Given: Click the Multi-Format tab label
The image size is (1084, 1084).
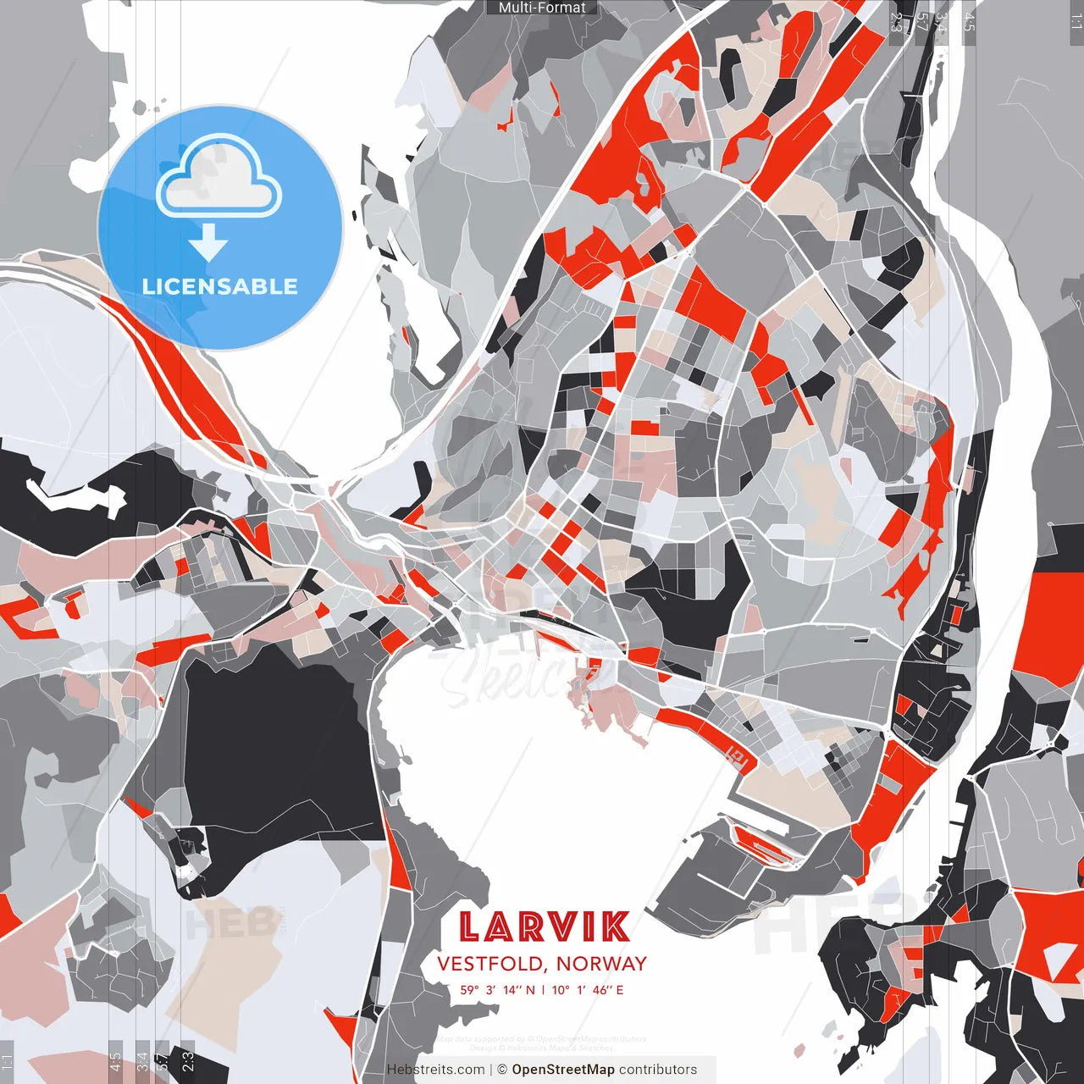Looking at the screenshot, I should (542, 8).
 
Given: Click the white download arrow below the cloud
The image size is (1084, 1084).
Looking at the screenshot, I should (208, 243).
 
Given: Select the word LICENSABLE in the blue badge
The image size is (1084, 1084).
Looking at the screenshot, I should (220, 286).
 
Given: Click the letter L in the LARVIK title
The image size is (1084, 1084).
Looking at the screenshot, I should (472, 926).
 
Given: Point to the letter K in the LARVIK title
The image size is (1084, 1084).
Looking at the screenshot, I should (617, 926).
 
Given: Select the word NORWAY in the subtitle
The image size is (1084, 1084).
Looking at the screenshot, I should (601, 964).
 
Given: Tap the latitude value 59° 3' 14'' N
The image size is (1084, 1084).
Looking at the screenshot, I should (498, 989).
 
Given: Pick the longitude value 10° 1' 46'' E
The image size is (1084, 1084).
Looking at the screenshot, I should (588, 989).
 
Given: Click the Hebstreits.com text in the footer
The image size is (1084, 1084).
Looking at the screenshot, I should (436, 1070).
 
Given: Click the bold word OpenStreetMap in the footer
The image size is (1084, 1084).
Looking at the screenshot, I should (563, 1070).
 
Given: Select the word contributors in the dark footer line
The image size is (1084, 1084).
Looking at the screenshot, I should (658, 1070).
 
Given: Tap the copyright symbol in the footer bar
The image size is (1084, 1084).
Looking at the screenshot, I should (502, 1070).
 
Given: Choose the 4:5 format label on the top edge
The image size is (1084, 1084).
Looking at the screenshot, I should (969, 21).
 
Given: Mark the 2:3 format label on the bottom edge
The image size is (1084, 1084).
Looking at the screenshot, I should (187, 1061).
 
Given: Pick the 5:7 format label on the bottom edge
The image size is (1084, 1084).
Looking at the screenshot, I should (163, 1061).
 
